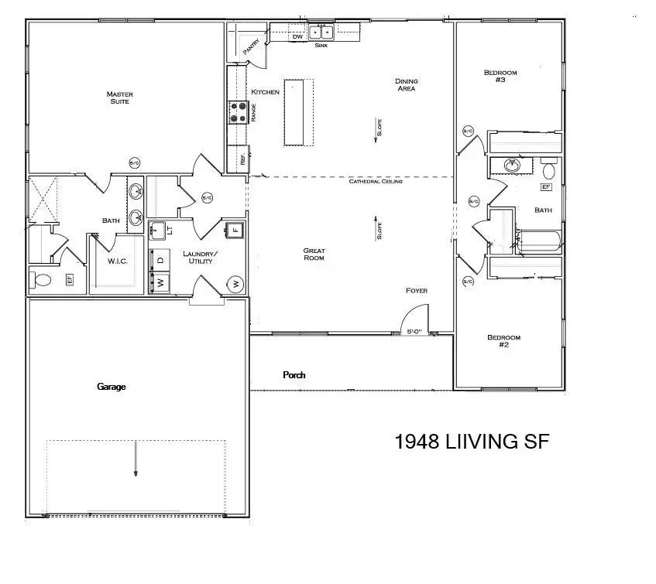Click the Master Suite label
pos(119,98)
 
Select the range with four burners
pos(238,113)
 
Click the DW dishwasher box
pos(297,36)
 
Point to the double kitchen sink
pos(321,32)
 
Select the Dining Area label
pos(406,84)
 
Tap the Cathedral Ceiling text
pos(376,182)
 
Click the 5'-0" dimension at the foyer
pos(415,332)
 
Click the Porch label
pos(294,375)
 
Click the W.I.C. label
pos(117,261)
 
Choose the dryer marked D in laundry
pos(160,260)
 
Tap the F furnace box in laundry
pos(236,230)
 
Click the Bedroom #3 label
pos(500,77)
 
